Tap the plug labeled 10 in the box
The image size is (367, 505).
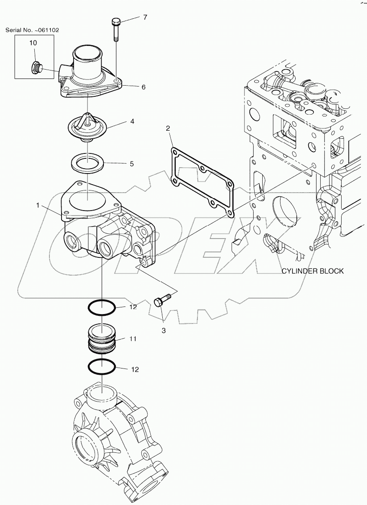(x=36, y=68)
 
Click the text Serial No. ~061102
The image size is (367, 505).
(x=32, y=30)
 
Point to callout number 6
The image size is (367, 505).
(x=143, y=87)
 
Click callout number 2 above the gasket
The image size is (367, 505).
(x=168, y=129)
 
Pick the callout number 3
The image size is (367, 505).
(x=164, y=331)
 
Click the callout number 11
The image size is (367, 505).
(x=132, y=339)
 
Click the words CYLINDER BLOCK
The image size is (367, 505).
(x=312, y=271)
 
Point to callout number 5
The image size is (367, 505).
(x=132, y=164)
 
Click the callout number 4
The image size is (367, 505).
(x=132, y=121)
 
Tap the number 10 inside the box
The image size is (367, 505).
(x=33, y=43)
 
